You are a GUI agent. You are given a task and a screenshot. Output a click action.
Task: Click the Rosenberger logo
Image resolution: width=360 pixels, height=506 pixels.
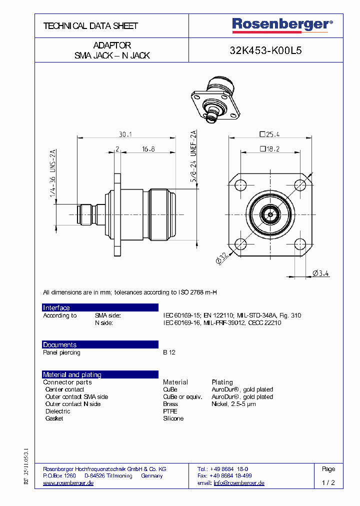click(282, 24)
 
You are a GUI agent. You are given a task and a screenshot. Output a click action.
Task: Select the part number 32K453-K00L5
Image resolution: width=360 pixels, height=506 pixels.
click(265, 50)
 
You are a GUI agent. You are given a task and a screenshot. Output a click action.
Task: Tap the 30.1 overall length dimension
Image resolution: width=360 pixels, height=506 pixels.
click(125, 134)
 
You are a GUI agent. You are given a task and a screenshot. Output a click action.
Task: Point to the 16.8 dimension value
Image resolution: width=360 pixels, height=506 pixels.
click(148, 149)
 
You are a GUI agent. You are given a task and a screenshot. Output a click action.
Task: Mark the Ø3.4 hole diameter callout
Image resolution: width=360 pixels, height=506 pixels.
click(320, 273)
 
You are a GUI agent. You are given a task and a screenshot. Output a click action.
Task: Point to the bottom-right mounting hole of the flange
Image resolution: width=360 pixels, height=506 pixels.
click(299, 244)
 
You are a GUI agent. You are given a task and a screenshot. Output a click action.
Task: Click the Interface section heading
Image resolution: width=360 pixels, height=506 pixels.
click(56, 307)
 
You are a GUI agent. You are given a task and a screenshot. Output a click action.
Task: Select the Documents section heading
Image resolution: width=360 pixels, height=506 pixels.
click(60, 344)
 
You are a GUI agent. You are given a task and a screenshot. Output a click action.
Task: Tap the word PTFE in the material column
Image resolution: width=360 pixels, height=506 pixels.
click(170, 411)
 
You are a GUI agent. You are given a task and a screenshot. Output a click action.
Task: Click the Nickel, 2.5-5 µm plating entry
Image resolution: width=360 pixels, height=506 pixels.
click(233, 404)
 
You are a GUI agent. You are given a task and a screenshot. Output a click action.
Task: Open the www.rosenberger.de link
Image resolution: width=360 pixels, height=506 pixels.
click(68, 483)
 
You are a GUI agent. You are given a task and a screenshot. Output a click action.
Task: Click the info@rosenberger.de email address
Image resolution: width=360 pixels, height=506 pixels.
click(239, 483)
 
